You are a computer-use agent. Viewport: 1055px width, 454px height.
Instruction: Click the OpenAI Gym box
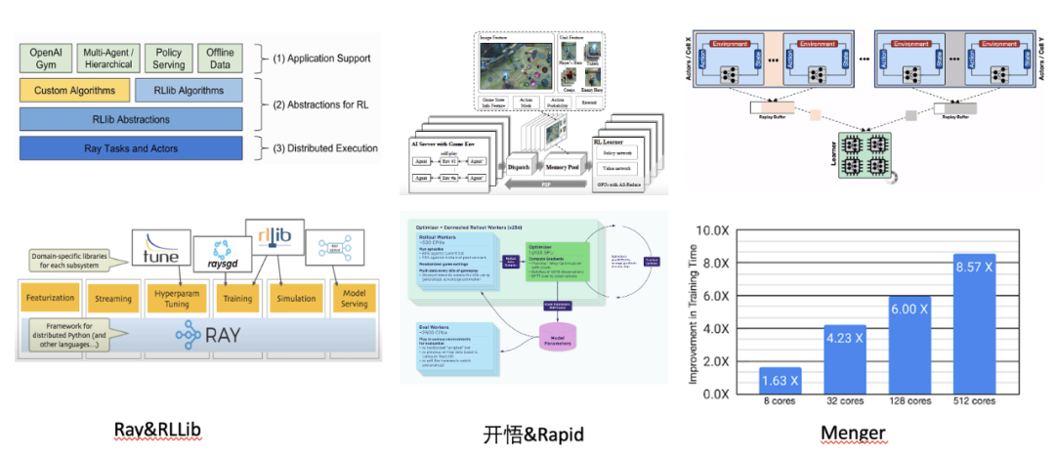pos(47,58)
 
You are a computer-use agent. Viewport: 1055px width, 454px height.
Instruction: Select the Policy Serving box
pos(168,58)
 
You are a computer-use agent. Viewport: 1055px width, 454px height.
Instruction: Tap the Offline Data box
pos(222,58)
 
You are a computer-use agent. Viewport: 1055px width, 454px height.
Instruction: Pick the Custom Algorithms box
pos(73,91)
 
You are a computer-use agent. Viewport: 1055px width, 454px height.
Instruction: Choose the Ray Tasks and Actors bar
pos(131,148)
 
